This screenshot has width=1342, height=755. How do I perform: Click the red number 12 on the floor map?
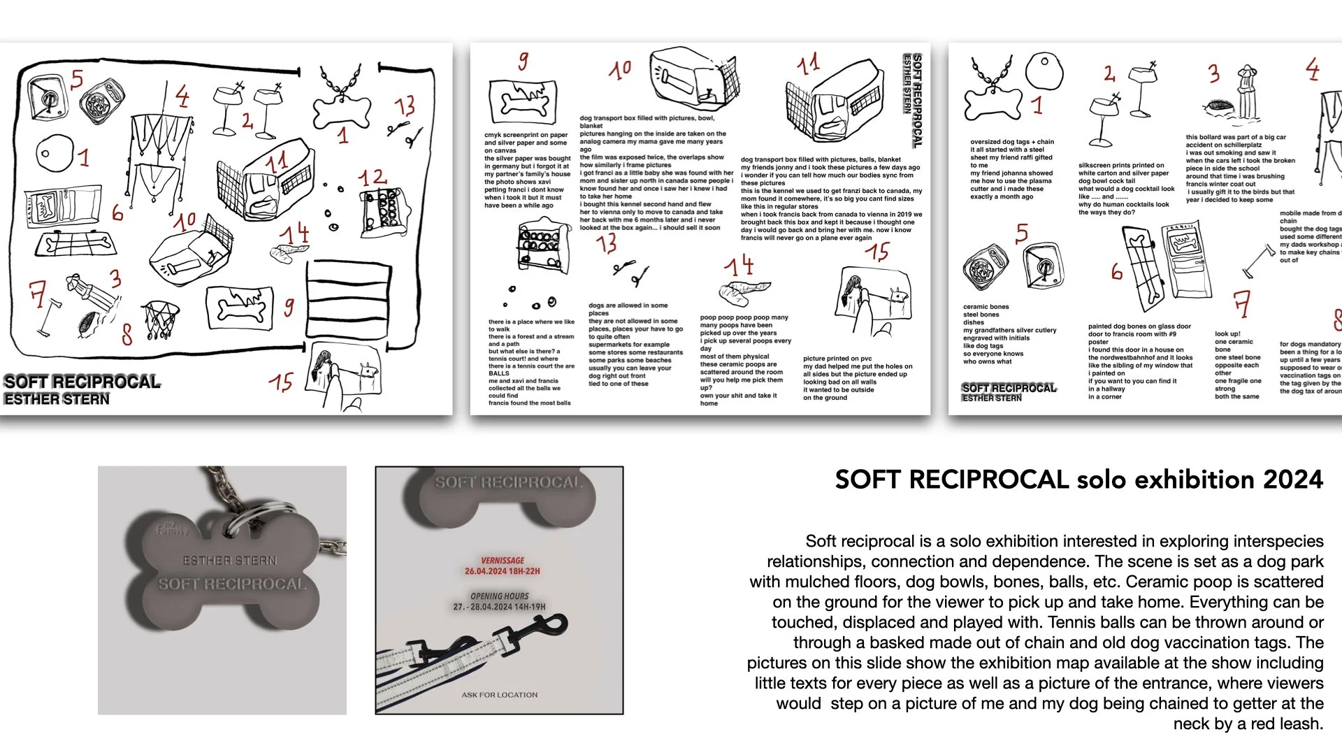372,178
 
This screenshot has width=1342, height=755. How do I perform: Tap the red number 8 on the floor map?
127,334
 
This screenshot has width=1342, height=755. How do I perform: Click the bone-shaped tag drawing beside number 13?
342,105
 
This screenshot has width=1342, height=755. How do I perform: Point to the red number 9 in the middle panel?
523,62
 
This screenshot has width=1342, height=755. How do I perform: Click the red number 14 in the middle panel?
739,266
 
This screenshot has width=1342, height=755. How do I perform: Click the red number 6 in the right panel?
1116,272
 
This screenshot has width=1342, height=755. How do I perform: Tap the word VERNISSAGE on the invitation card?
502,561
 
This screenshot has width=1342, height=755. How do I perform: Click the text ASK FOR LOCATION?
499,695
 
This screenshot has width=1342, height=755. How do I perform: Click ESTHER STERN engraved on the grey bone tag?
229,561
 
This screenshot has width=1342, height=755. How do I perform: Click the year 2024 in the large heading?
1292,480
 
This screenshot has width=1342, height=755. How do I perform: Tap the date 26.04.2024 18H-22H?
502,571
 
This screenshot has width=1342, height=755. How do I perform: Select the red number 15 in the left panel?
281,382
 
